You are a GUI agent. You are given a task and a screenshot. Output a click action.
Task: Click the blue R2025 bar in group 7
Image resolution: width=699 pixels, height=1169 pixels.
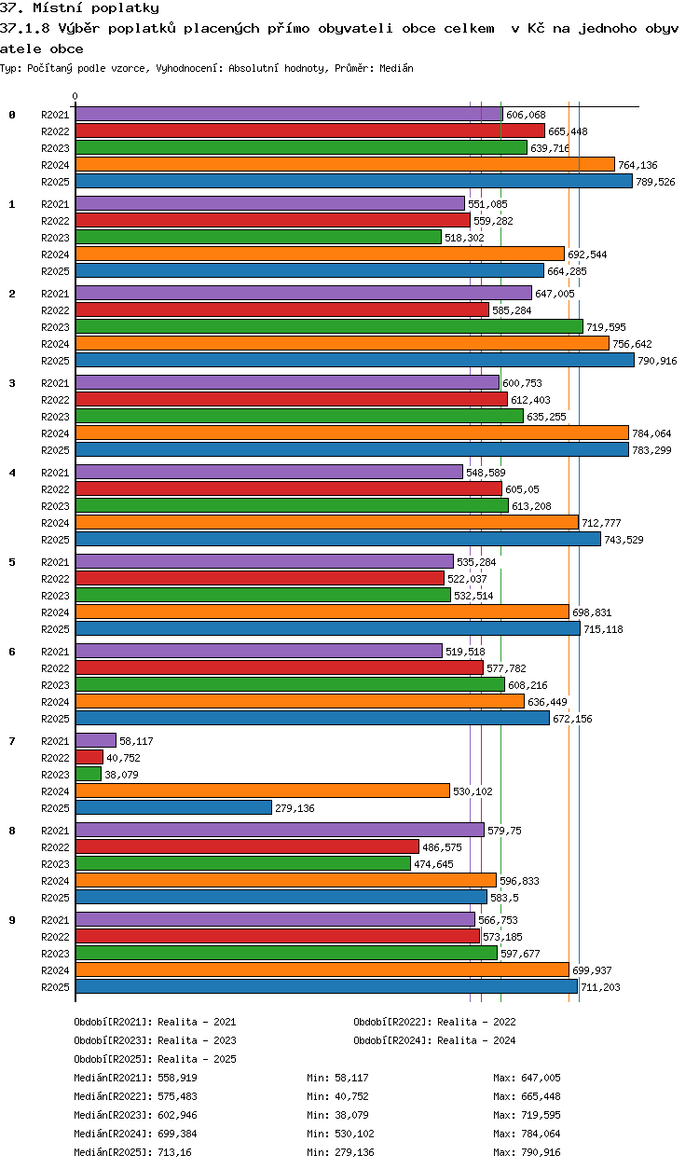pyautogui.click(x=173, y=807)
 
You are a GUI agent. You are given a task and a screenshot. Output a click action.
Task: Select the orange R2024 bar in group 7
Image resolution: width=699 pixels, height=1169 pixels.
pyautogui.click(x=262, y=791)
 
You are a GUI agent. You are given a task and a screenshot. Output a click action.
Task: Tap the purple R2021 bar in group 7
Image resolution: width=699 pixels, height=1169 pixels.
pyautogui.click(x=95, y=740)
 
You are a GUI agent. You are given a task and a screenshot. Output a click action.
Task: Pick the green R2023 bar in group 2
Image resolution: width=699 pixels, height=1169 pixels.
pyautogui.click(x=328, y=326)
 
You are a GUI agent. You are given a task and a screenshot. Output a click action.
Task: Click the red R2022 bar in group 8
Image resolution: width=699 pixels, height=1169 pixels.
pyautogui.click(x=247, y=846)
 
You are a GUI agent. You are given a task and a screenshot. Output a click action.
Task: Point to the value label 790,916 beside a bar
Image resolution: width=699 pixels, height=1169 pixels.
pyautogui.click(x=657, y=361)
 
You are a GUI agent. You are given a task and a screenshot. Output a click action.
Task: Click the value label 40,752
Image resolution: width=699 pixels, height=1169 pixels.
pyautogui.click(x=123, y=758)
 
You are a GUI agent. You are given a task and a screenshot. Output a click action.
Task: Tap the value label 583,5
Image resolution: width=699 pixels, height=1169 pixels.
pyautogui.click(x=505, y=898)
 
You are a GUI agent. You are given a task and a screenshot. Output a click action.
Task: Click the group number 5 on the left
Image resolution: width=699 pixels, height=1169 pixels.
pyautogui.click(x=12, y=562)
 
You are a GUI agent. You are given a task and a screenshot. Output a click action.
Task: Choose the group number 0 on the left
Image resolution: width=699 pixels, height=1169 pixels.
pyautogui.click(x=12, y=115)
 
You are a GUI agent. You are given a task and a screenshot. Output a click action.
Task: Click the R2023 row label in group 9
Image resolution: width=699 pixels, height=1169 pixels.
pyautogui.click(x=55, y=954)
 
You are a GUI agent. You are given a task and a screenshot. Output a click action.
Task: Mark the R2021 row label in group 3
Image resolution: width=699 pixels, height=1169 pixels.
pyautogui.click(x=55, y=383)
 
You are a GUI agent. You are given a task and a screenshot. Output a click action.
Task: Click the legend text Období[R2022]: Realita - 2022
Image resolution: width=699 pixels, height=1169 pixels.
pyautogui.click(x=434, y=1022)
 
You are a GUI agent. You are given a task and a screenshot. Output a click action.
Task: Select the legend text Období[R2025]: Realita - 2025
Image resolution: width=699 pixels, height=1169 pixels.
pyautogui.click(x=155, y=1059)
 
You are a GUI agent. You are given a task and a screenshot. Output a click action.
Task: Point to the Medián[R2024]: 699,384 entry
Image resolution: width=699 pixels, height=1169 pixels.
pyautogui.click(x=135, y=1134)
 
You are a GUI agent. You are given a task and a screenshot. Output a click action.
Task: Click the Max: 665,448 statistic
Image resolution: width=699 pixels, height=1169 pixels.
pyautogui.click(x=527, y=1096)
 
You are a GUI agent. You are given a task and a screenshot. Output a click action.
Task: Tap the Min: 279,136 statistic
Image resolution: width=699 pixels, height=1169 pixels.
pyautogui.click(x=340, y=1152)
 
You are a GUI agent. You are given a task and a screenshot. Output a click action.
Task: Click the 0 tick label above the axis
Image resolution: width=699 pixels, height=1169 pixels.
pyautogui.click(x=75, y=96)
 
